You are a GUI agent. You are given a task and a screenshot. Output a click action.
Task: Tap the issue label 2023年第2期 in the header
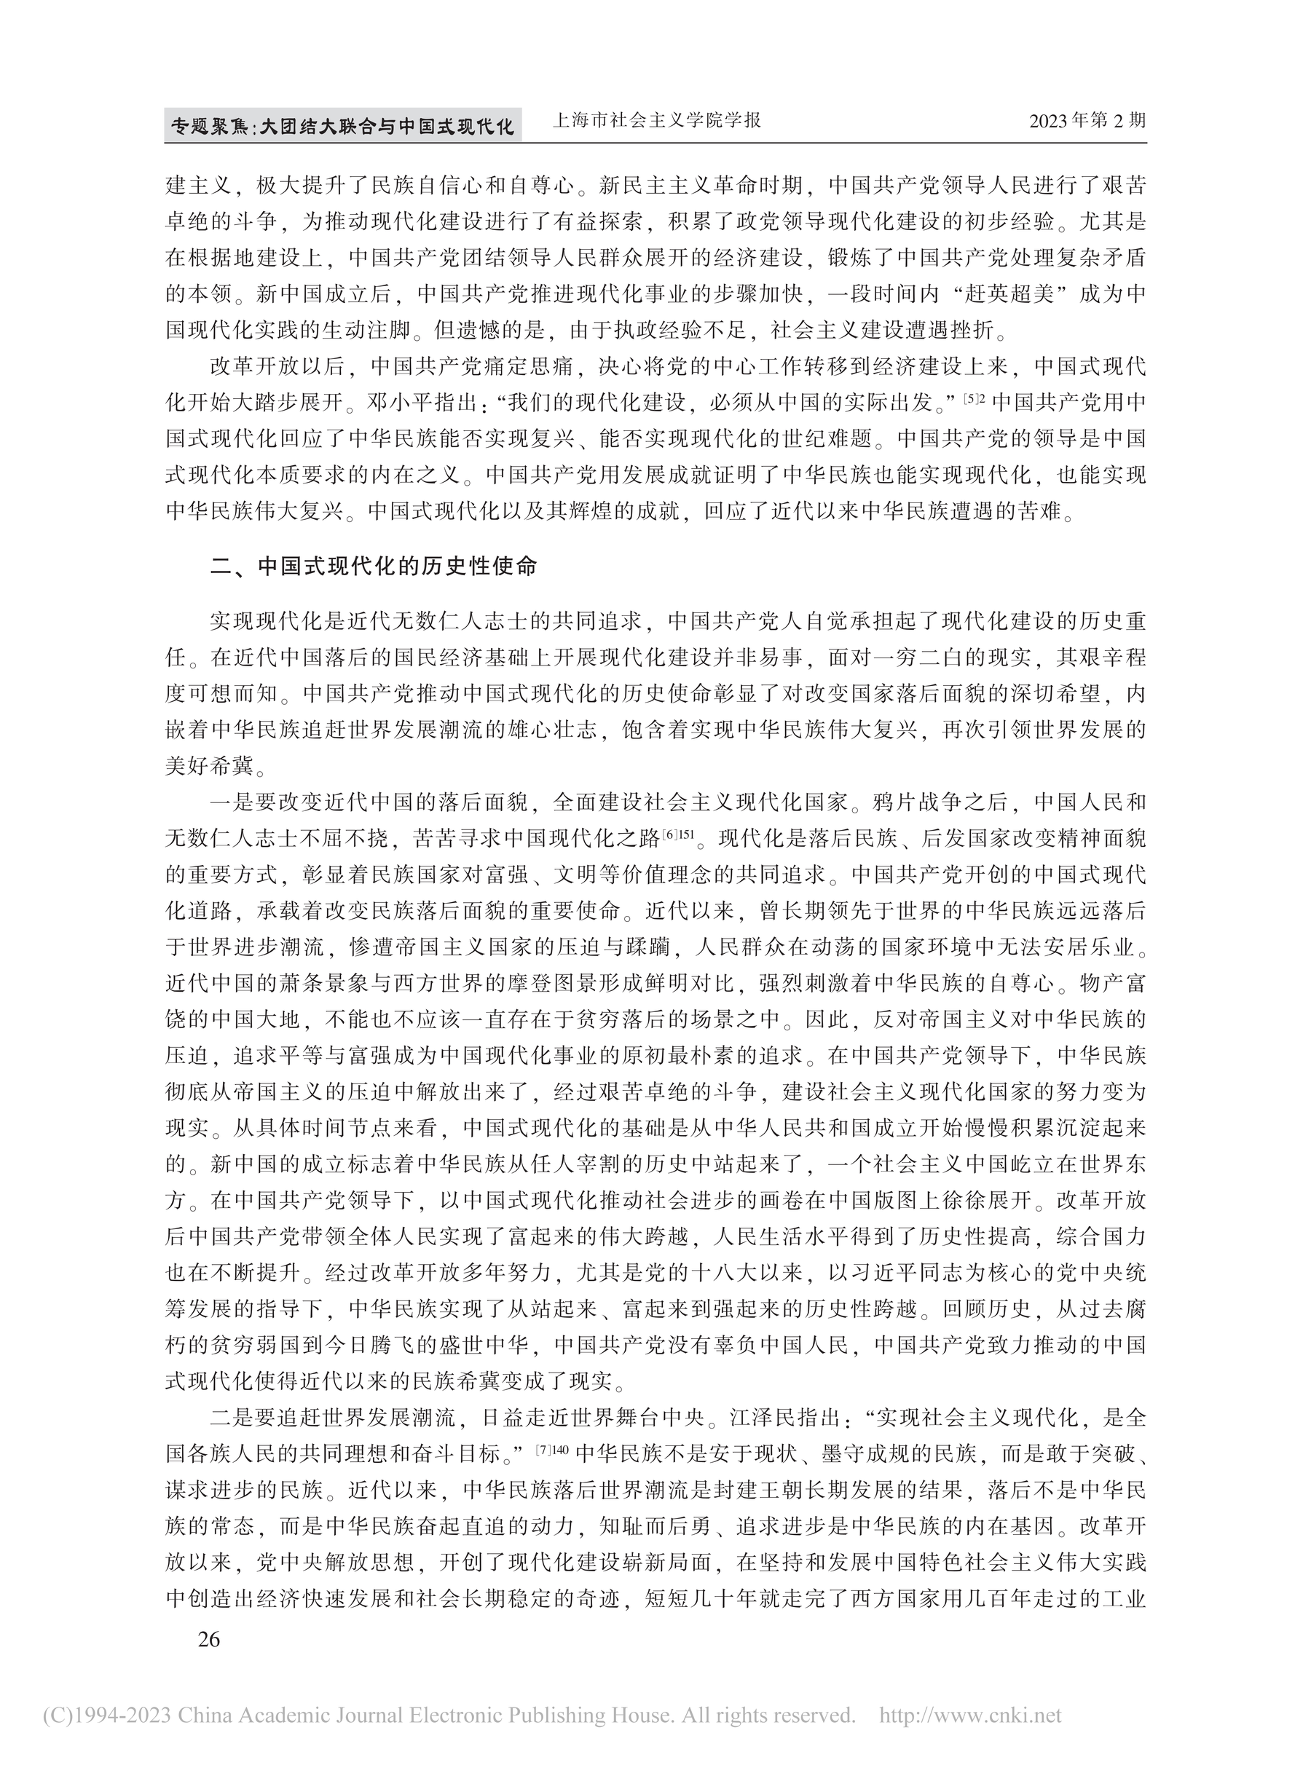coord(1087,122)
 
